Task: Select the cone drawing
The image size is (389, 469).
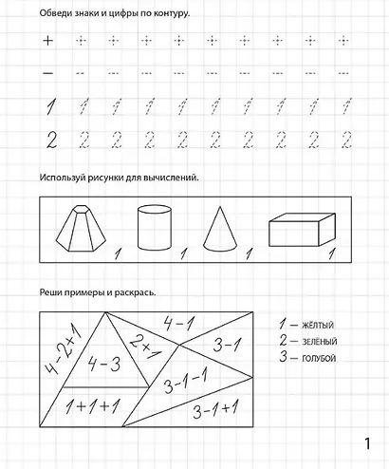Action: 221,229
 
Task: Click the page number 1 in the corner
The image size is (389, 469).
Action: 368,443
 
